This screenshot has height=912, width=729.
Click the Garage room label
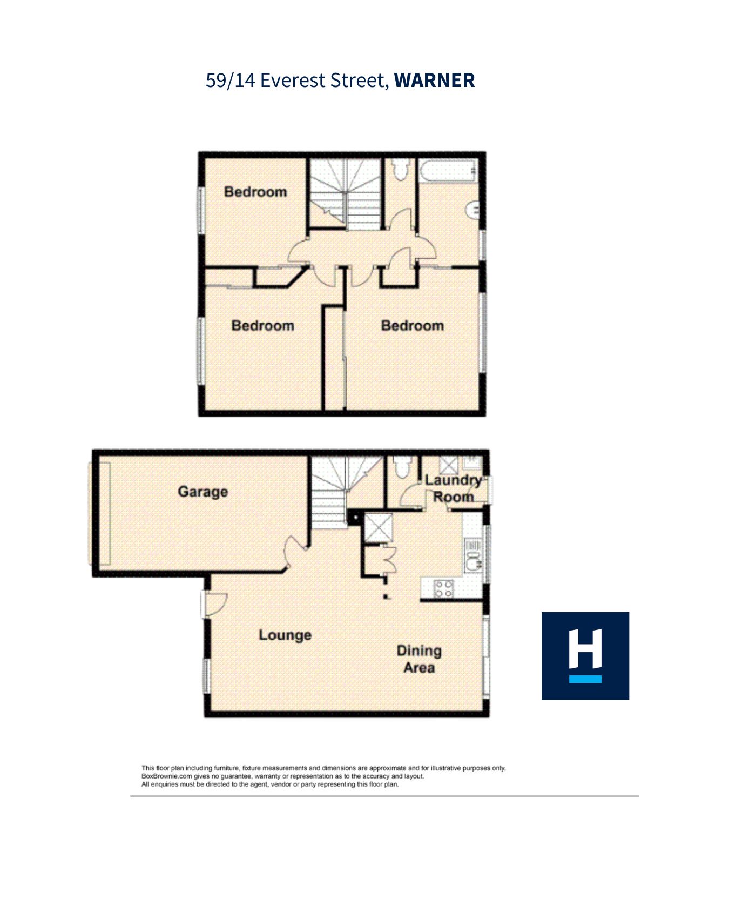(x=202, y=492)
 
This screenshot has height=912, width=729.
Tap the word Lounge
(x=285, y=635)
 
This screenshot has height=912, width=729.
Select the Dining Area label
(x=419, y=659)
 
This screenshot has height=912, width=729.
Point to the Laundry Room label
(x=453, y=488)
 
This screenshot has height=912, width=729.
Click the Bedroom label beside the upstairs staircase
(x=255, y=192)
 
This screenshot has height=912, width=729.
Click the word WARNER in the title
(x=434, y=81)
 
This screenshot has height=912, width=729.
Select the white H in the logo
(x=585, y=648)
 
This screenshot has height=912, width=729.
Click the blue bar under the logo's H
(x=585, y=679)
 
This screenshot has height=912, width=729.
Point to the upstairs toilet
(x=400, y=169)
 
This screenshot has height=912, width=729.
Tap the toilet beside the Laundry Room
(x=401, y=467)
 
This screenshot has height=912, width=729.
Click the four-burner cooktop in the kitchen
(x=444, y=589)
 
